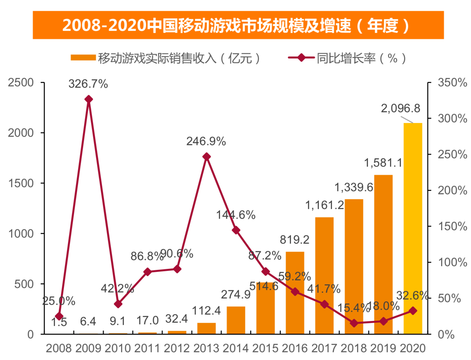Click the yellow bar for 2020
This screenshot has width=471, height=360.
(x=413, y=229)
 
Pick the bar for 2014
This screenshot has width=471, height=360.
(x=236, y=320)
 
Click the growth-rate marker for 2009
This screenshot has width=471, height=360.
(x=88, y=99)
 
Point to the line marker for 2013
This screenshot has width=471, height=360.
(x=206, y=157)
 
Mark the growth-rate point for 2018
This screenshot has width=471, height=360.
(x=354, y=323)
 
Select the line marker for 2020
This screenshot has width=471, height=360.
(x=413, y=311)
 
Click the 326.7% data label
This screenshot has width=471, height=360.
(x=88, y=84)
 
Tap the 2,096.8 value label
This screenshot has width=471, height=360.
(x=400, y=108)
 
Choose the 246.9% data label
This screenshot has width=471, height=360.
(x=206, y=142)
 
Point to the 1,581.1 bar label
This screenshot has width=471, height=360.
(x=383, y=163)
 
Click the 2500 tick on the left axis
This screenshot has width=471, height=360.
(x=21, y=83)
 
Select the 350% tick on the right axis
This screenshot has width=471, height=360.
(x=452, y=83)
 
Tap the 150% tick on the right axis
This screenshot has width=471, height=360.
(x=452, y=227)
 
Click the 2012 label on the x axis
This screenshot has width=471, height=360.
(x=177, y=349)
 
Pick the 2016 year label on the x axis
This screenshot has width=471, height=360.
(x=295, y=349)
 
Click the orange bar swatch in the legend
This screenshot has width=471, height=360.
(x=83, y=58)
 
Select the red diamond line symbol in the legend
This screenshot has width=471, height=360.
(x=301, y=58)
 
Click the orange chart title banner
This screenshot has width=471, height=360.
(x=238, y=25)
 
